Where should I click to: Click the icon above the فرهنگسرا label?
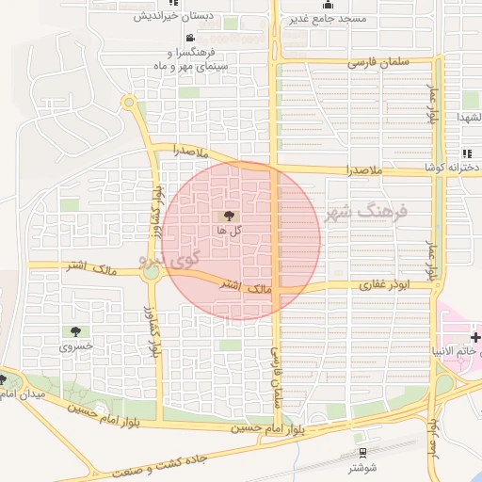(x=191, y=39)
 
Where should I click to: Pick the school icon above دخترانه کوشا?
(x=466, y=153)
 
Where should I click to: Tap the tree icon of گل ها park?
(x=231, y=216)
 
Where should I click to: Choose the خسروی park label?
(x=73, y=345)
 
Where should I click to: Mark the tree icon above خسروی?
(x=73, y=330)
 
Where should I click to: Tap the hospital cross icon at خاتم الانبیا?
(x=476, y=337)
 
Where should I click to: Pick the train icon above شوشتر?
(x=360, y=438)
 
